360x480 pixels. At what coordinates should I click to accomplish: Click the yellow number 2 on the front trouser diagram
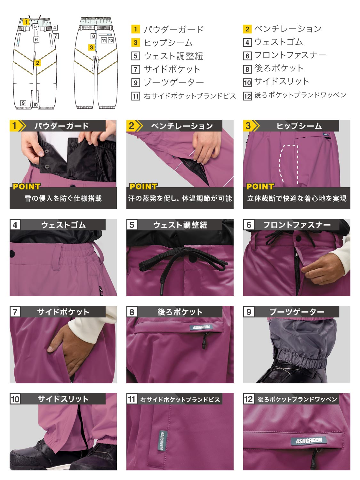point(37,63)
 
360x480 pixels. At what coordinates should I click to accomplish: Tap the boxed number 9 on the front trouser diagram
point(23,103)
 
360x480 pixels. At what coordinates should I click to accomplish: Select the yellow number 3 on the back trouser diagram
point(92,47)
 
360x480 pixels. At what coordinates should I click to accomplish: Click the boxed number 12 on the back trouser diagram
point(111,40)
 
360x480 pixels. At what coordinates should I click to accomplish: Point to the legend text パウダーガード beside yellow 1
point(173,29)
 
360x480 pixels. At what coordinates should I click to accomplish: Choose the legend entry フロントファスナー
point(290,55)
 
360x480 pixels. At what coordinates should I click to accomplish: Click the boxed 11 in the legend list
point(135,96)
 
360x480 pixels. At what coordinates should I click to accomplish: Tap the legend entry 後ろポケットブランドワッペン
point(300,95)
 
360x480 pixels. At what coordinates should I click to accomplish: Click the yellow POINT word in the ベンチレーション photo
point(143,186)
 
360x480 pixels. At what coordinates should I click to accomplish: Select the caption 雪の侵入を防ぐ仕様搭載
point(63,198)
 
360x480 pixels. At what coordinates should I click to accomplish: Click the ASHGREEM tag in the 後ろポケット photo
point(201,327)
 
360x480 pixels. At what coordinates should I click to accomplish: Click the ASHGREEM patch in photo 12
point(309,440)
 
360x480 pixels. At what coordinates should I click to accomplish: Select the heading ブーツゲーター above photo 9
point(297,312)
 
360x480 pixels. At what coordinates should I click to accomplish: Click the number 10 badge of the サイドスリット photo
point(15,399)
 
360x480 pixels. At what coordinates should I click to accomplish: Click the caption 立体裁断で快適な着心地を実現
point(297,198)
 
